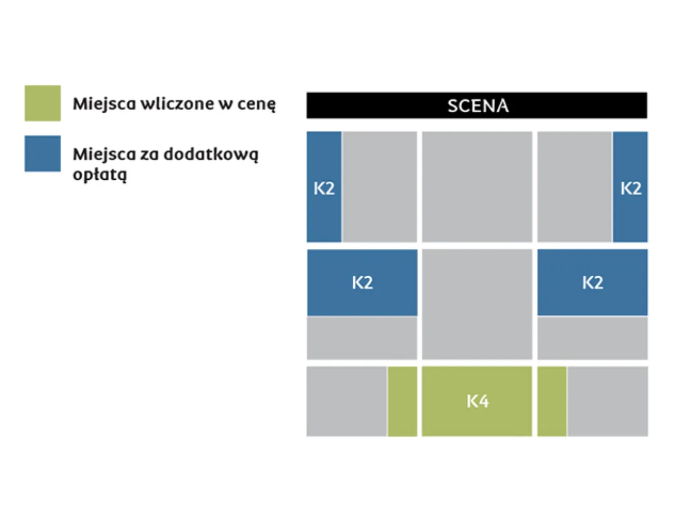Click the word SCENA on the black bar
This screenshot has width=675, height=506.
478,106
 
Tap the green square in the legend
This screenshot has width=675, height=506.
43,103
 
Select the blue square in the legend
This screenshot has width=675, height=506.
43,154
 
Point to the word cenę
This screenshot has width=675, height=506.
256,104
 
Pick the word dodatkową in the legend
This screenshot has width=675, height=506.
211,154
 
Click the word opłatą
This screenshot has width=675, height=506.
100,175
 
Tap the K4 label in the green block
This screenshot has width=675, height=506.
478,402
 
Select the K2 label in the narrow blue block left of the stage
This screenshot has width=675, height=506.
324,188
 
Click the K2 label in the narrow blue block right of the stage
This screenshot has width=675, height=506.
631,188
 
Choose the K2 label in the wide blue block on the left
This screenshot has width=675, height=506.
362,283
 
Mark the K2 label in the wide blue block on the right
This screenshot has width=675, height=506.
593,283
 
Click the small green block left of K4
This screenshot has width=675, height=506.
402,402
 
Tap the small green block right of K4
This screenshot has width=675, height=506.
552,402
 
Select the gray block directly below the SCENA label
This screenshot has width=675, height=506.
477,187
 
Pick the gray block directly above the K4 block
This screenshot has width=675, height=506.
477,304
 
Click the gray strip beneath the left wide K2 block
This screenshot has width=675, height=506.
362,338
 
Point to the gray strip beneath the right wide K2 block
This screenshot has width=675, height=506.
593,338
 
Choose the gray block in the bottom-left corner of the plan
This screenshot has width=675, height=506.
346,402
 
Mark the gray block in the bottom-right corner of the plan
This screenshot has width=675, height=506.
607,402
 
